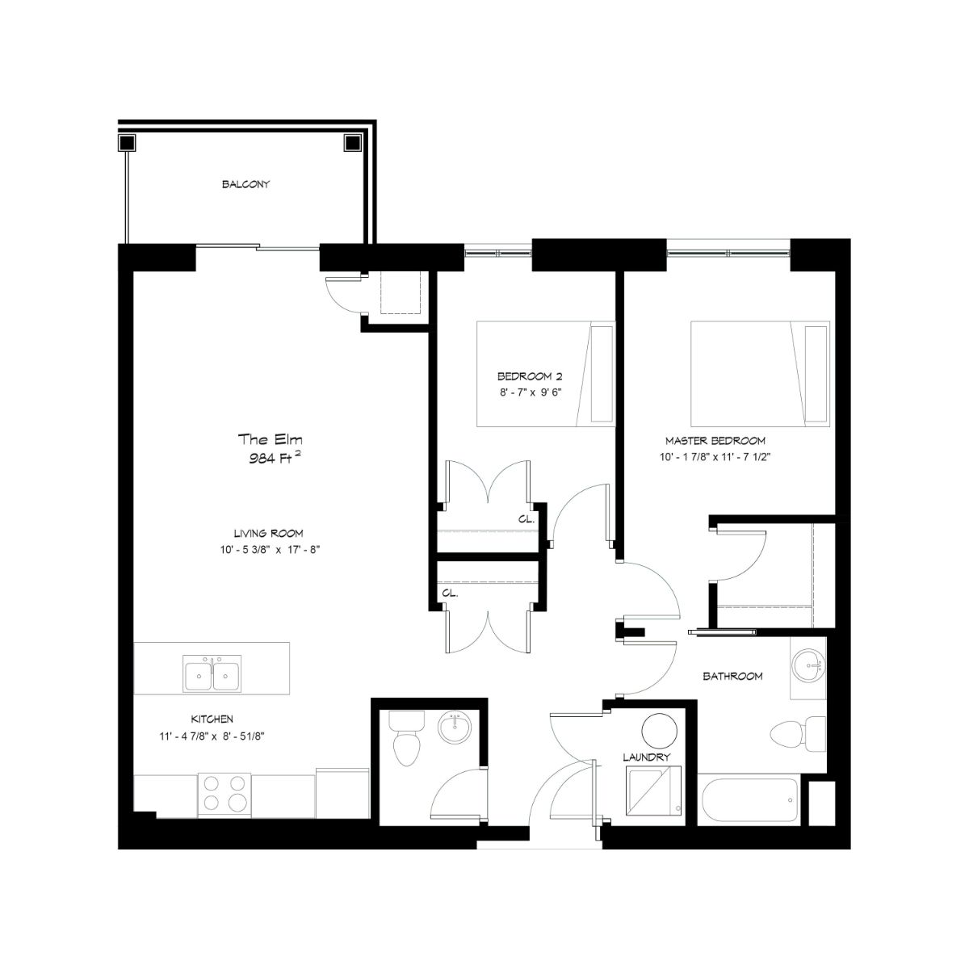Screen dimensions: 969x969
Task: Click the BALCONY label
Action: coord(246,185)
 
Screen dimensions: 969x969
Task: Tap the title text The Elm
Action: coord(270,439)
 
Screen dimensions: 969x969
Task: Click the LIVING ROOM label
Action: coord(269,534)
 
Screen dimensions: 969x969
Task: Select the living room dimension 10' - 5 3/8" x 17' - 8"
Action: coord(270,550)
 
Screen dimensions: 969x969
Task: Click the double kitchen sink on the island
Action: coord(212,673)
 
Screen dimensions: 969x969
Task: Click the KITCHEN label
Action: coord(212,719)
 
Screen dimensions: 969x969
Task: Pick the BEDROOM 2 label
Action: coord(530,376)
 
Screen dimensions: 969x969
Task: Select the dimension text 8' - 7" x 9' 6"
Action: coord(530,392)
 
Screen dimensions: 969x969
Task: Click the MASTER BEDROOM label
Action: coord(715,441)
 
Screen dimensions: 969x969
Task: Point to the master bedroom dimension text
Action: coord(715,457)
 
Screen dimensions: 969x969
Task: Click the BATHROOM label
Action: coord(732,677)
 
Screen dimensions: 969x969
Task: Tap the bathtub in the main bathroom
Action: coord(749,801)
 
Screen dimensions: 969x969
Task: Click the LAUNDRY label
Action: coord(647,757)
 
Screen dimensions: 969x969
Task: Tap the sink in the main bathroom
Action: coord(808,666)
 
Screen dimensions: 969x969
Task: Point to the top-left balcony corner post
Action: coord(128,143)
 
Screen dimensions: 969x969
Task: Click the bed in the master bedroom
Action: coord(760,374)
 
